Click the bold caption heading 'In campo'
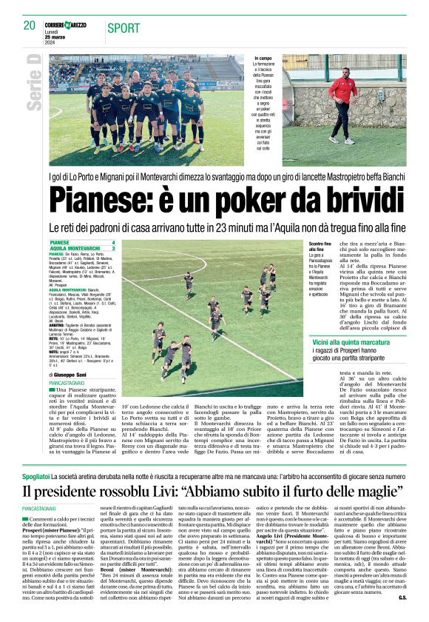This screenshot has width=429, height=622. pos(263,58)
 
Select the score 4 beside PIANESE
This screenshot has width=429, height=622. pos(113,242)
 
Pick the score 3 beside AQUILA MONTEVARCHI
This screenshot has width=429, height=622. pos(113,248)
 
